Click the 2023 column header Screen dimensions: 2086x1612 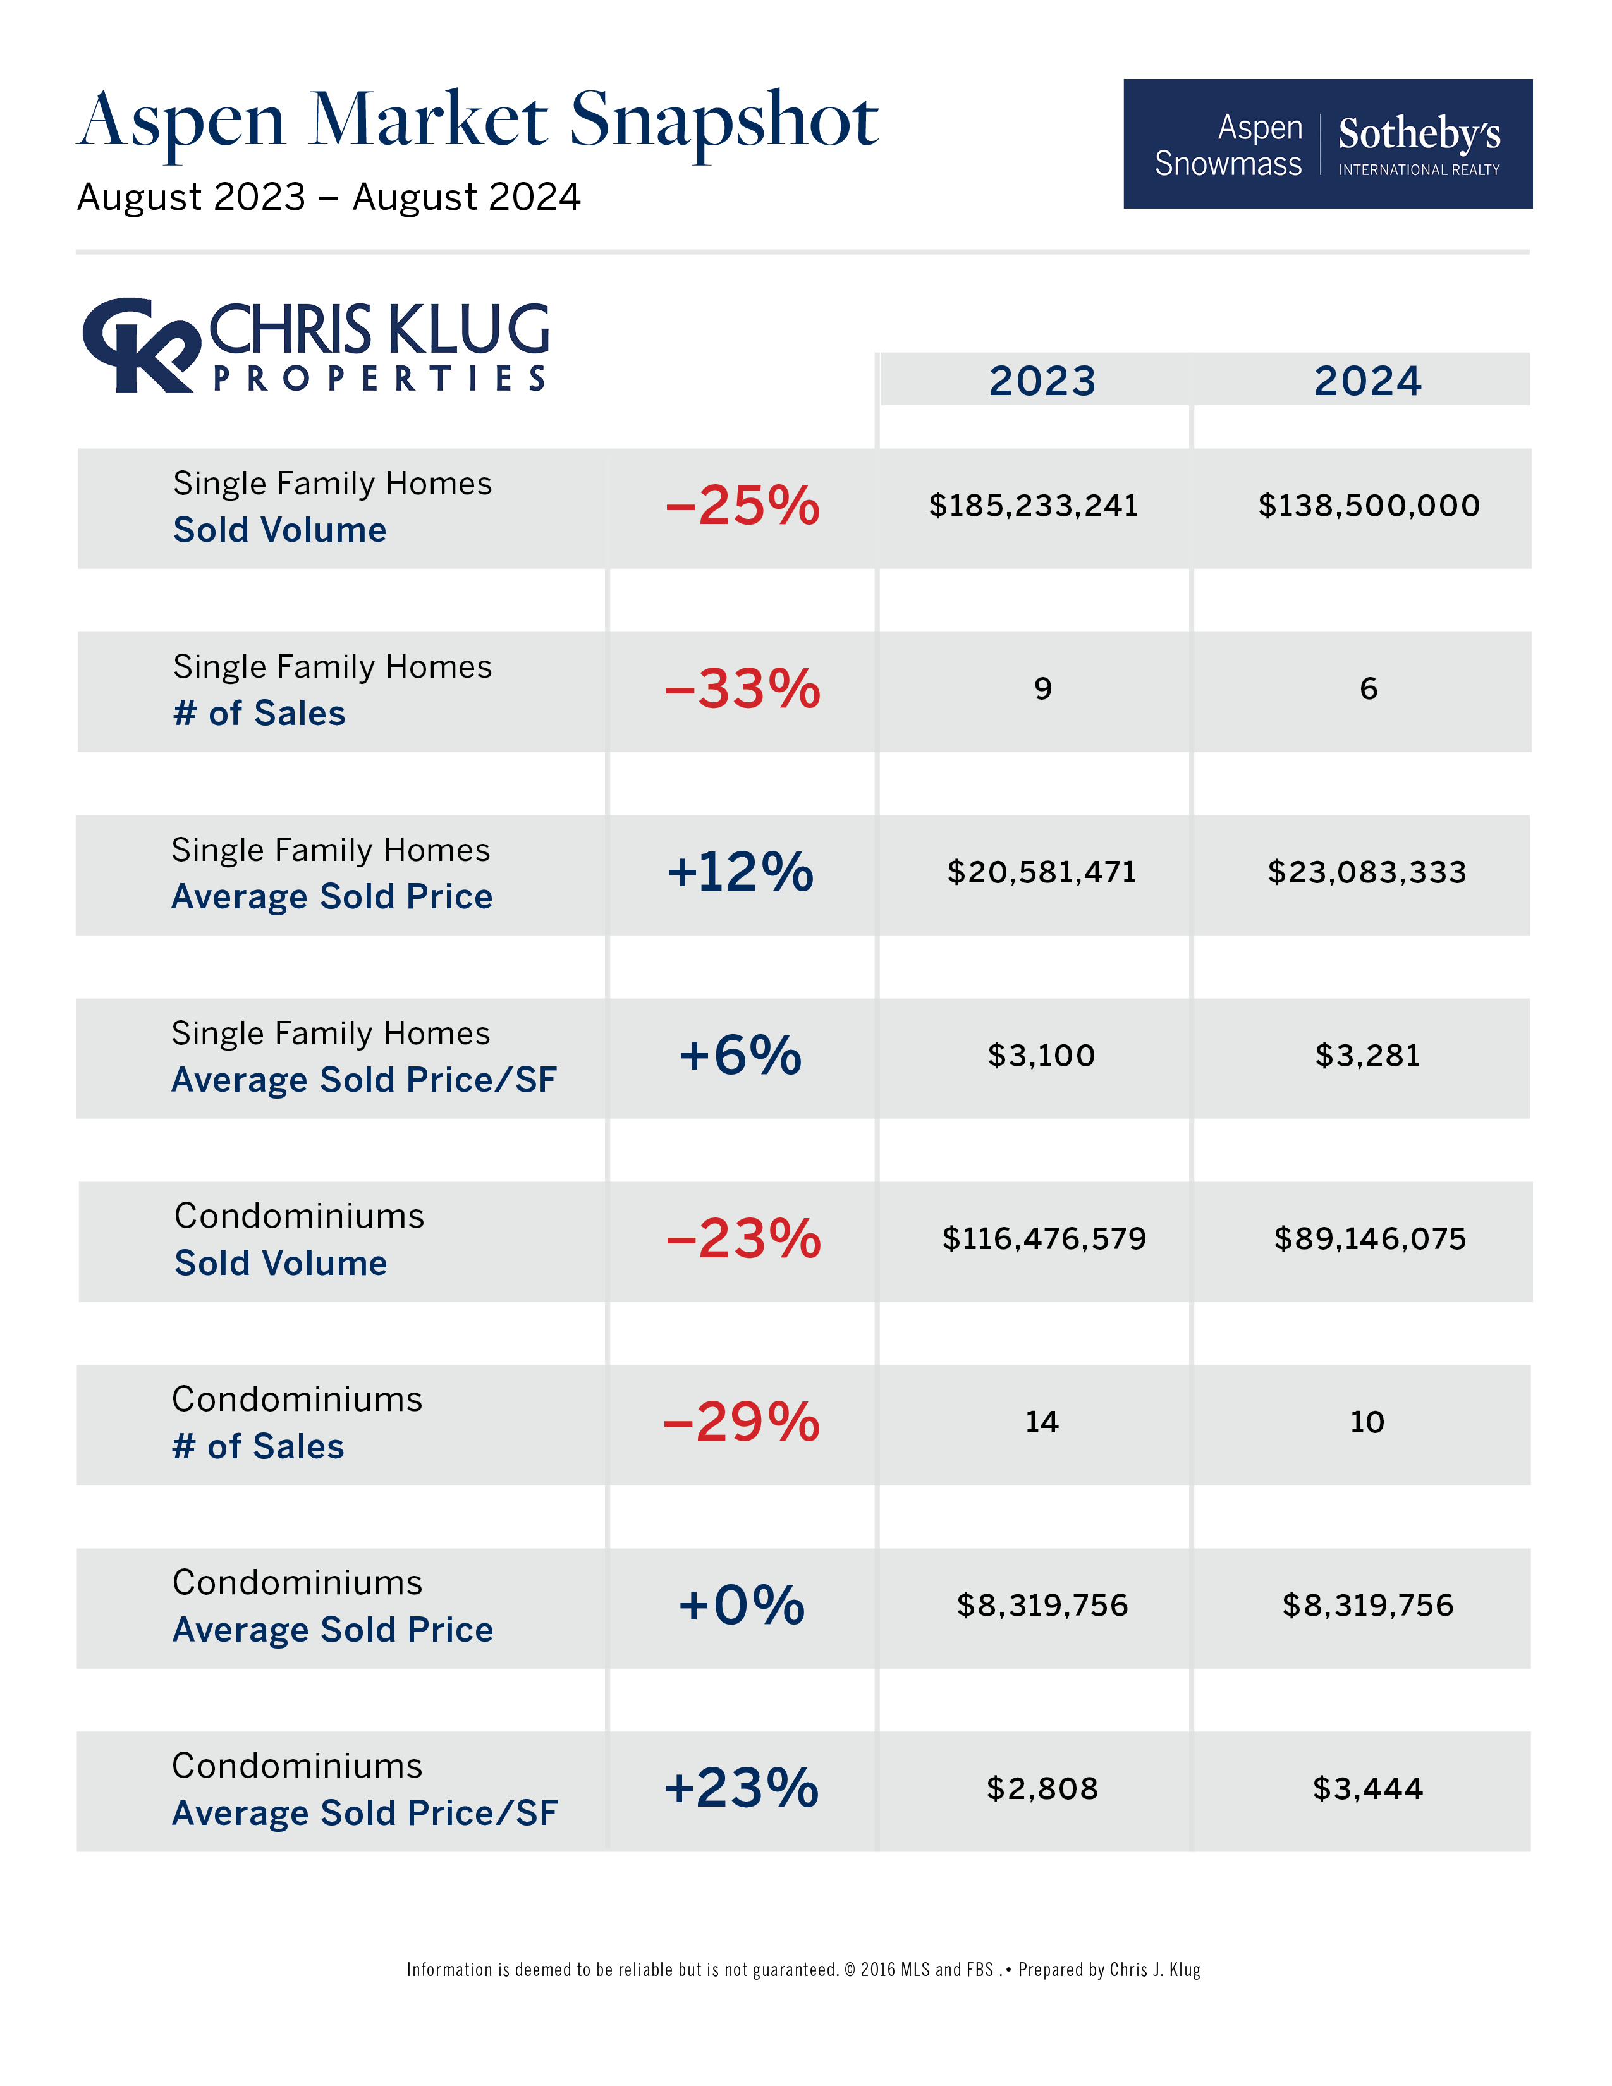[1042, 381]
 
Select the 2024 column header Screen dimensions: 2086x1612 [1367, 381]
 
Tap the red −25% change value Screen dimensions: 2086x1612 [742, 505]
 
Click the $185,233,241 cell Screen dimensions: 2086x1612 [1034, 505]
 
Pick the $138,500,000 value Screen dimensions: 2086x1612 [1369, 505]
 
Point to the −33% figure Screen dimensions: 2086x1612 [742, 688]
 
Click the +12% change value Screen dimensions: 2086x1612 [740, 872]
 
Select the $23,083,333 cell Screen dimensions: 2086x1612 [1367, 872]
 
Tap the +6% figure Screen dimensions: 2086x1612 [740, 1056]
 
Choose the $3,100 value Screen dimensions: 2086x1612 [1041, 1056]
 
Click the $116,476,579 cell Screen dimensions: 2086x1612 [1044, 1239]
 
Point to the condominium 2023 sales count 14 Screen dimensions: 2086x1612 [1042, 1422]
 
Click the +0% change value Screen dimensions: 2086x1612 [741, 1606]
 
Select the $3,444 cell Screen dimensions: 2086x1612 [1367, 1789]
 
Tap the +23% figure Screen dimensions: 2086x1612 [741, 1789]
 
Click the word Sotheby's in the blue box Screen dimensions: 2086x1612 [1419, 134]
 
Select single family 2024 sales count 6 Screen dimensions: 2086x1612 [1369, 688]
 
